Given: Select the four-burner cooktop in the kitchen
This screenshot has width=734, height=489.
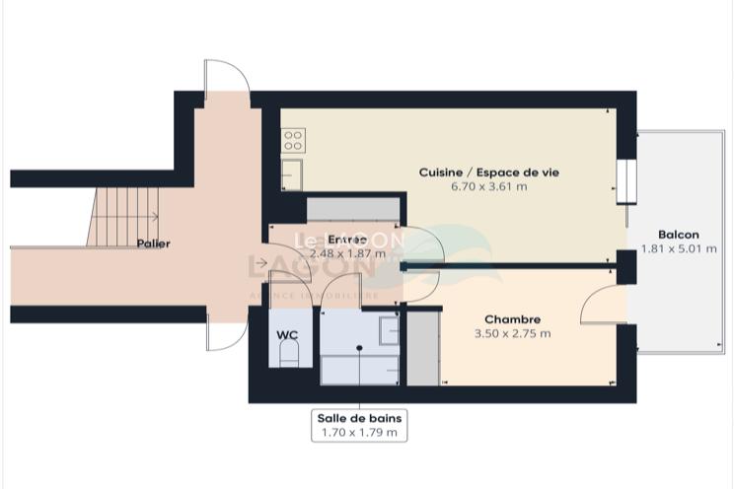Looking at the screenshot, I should pos(292,141).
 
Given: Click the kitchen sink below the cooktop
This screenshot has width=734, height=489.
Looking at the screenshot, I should pos(291,175).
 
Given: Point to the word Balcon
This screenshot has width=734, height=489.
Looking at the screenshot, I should pos(679,235).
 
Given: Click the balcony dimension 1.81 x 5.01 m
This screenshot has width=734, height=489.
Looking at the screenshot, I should pos(679,248).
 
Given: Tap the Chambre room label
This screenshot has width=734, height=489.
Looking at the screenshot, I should pos(512,319).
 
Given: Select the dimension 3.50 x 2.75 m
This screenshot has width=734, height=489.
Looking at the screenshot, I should pos(512,333).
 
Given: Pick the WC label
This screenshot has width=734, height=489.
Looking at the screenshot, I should pos(287,335).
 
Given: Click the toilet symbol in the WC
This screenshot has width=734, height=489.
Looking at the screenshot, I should pos(288,357).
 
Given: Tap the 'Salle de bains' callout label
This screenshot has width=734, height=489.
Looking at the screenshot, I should pos(358,417).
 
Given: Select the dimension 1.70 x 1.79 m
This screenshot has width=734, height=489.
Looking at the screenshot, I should pos(358,432).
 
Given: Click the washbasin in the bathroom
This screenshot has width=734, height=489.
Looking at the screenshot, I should pos(389,329).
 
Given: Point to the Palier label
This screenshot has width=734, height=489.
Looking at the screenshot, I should pos(153,244).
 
